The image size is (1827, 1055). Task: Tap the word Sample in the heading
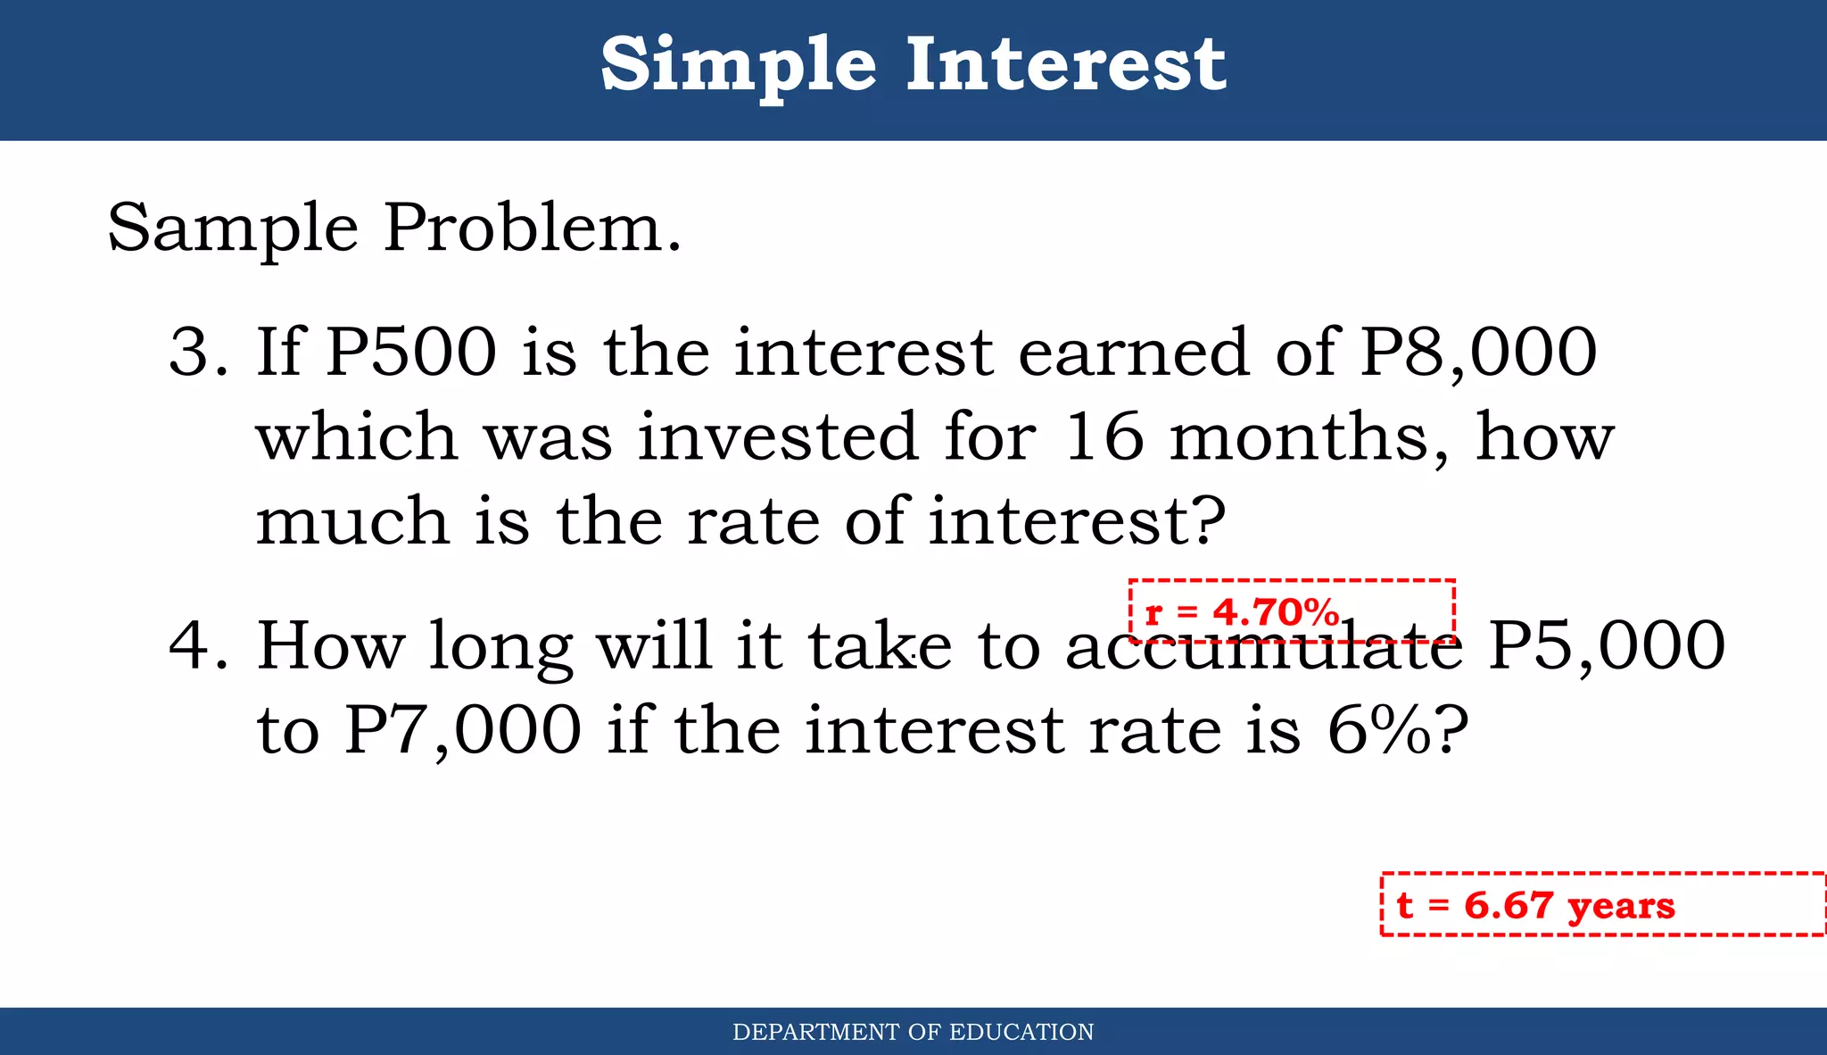pyautogui.click(x=233, y=228)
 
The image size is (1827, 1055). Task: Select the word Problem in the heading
pyautogui.click(x=532, y=228)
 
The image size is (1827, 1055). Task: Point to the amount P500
pyautogui.click(x=411, y=352)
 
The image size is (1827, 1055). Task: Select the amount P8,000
pyautogui.click(x=1478, y=352)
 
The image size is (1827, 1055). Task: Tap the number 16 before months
pyautogui.click(x=1104, y=436)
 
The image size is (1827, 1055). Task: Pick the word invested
pyautogui.click(x=778, y=436)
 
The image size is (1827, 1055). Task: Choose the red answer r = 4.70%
pyautogui.click(x=1243, y=613)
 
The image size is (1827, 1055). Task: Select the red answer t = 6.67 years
pyautogui.click(x=1535, y=905)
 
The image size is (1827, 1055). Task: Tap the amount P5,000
pyautogui.click(x=1607, y=645)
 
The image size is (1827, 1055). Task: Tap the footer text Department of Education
pyautogui.click(x=913, y=1033)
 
